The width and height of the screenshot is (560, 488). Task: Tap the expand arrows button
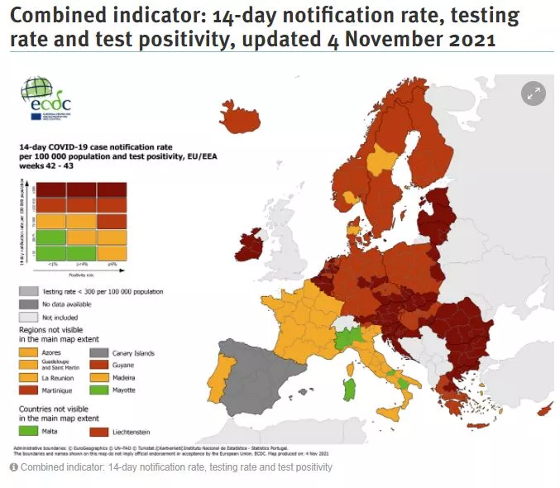pos(534,93)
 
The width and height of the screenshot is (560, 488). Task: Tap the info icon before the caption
pos(14,468)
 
